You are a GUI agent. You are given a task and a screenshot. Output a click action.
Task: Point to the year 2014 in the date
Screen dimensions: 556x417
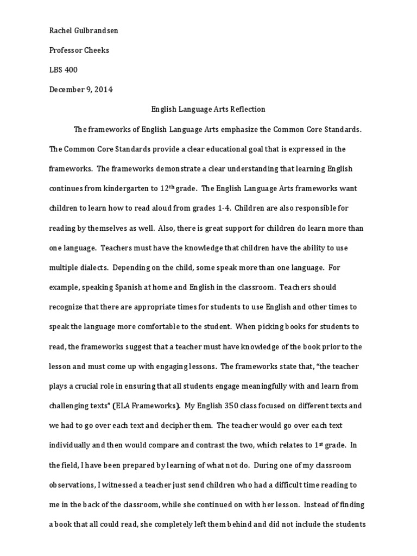coord(103,90)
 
